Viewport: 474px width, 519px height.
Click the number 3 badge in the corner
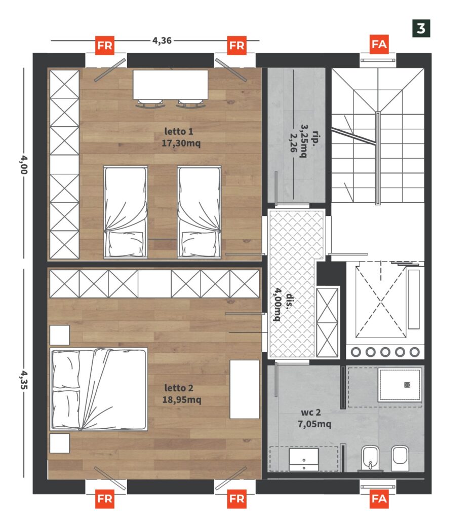tap(421, 28)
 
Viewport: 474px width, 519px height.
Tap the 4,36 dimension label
tap(162, 41)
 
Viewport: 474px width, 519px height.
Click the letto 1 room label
tap(179, 131)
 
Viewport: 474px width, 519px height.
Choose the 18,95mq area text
tap(182, 400)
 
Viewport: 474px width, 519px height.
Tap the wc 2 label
tap(310, 413)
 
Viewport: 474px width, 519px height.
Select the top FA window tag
tap(379, 44)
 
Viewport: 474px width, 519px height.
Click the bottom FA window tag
tap(379, 499)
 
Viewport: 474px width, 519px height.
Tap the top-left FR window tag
tap(105, 45)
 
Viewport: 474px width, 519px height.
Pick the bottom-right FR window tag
tap(237, 499)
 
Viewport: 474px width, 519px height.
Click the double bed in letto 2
tap(99, 389)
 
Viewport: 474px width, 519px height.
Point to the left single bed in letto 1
tap(126, 212)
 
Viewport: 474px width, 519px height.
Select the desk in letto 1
tap(170, 85)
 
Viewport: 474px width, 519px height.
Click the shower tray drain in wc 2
tap(407, 385)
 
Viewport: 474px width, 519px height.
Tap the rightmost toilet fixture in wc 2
tap(400, 458)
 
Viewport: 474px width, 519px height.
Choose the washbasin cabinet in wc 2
tap(304, 459)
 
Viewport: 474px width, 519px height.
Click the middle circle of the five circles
tap(385, 352)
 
